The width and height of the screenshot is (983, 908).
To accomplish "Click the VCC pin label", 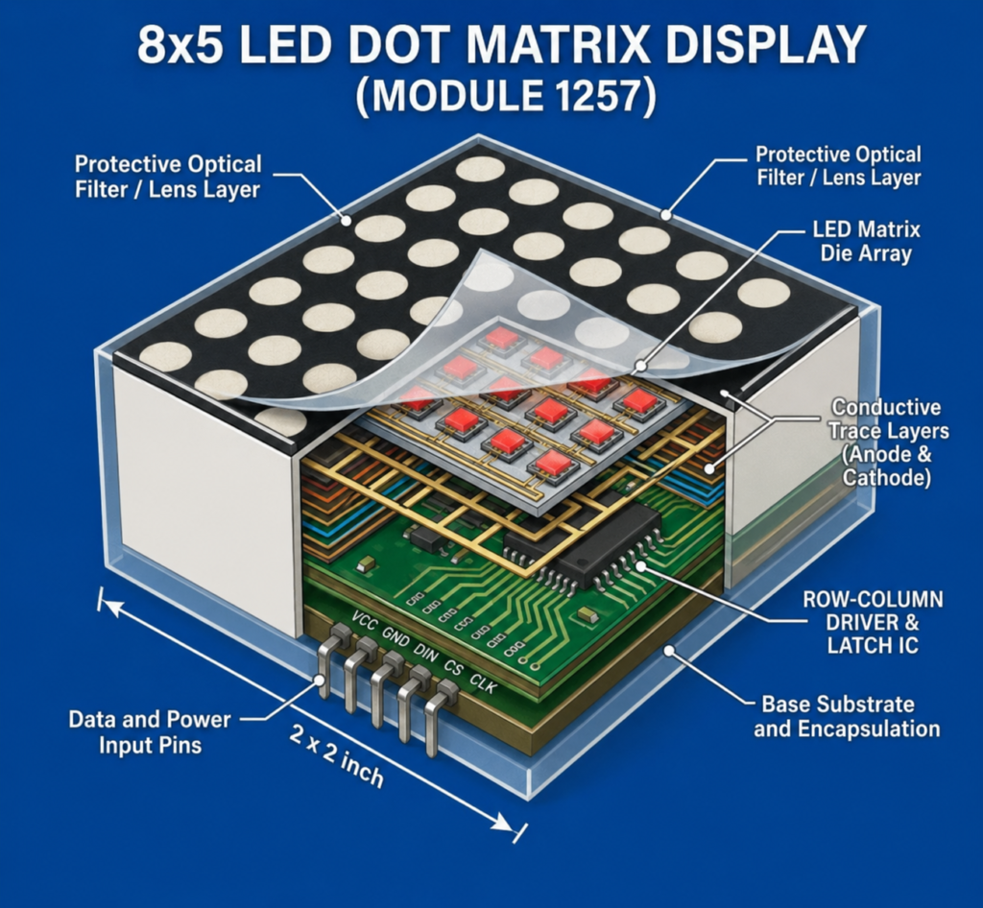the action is [364, 620].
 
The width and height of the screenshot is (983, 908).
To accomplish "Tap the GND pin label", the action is [396, 637].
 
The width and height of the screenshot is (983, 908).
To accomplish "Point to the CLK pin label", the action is [483, 683].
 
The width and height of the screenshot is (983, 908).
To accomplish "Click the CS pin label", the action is [453, 668].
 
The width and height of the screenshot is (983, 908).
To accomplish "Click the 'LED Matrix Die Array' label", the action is [866, 241].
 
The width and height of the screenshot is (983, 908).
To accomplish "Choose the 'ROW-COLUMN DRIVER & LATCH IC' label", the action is [873, 622].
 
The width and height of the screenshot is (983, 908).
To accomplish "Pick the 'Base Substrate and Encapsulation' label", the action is [847, 716].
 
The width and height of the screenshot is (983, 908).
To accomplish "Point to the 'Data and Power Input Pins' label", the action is [150, 732].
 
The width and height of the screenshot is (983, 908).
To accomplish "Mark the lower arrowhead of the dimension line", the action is [504, 823].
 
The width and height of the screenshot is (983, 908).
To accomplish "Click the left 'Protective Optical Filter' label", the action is [167, 177].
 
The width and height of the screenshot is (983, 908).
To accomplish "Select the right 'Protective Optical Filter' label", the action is [838, 166].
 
